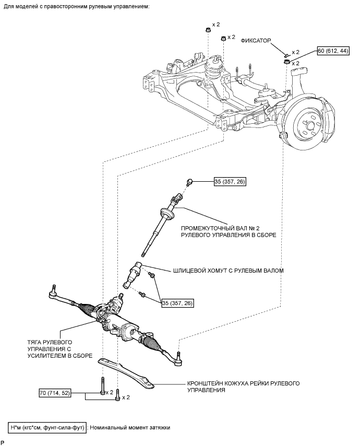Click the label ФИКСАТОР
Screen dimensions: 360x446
256,41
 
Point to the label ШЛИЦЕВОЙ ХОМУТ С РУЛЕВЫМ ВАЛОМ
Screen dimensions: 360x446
228,271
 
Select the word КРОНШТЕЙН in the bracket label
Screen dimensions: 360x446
203,383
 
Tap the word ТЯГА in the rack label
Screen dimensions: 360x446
34,342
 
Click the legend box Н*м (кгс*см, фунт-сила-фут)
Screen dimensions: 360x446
47,428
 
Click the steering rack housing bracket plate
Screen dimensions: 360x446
126,373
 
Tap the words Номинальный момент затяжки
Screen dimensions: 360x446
130,428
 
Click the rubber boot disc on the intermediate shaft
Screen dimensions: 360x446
167,214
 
